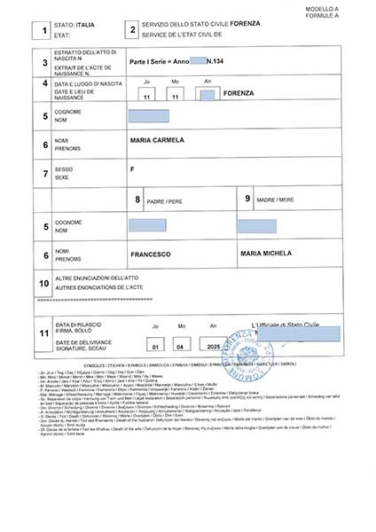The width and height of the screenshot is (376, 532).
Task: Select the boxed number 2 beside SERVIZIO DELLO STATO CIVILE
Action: (x=132, y=32)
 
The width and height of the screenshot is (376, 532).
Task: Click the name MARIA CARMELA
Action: (x=157, y=141)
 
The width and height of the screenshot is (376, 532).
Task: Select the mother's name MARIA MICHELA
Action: (x=266, y=254)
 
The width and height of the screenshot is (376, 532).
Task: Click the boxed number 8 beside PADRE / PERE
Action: (x=137, y=199)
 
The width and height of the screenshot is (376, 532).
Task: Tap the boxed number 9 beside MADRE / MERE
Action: (x=247, y=199)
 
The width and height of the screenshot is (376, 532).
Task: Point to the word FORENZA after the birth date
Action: (x=240, y=93)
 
